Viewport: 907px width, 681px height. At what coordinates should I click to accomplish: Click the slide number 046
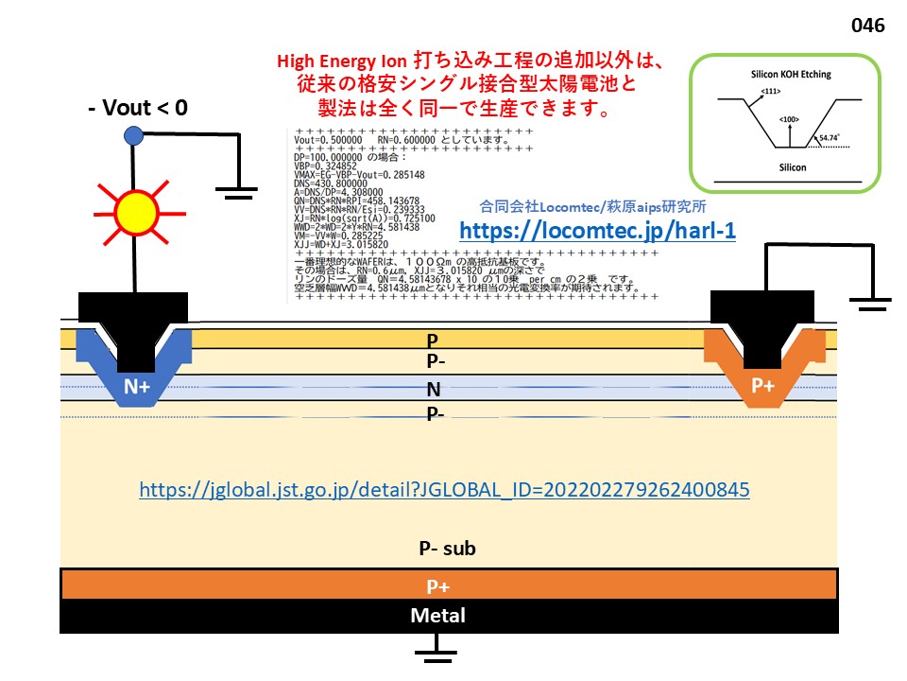point(867,26)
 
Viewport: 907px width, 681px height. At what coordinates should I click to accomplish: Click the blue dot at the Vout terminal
point(133,136)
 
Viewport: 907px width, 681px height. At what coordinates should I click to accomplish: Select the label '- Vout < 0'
point(138,108)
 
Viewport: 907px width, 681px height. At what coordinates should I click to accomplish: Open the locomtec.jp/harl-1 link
point(596,230)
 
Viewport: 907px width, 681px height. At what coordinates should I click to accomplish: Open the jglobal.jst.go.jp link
point(444,490)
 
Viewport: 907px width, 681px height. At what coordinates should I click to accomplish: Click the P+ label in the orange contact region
point(762,386)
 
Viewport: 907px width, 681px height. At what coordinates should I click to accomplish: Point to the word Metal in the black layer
point(437,616)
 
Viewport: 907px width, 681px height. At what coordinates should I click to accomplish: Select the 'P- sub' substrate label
point(447,549)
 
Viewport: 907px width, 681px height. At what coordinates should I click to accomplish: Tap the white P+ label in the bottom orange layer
point(438,586)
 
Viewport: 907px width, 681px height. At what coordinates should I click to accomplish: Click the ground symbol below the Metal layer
point(436,647)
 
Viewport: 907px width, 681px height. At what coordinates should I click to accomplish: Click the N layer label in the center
point(434,389)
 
